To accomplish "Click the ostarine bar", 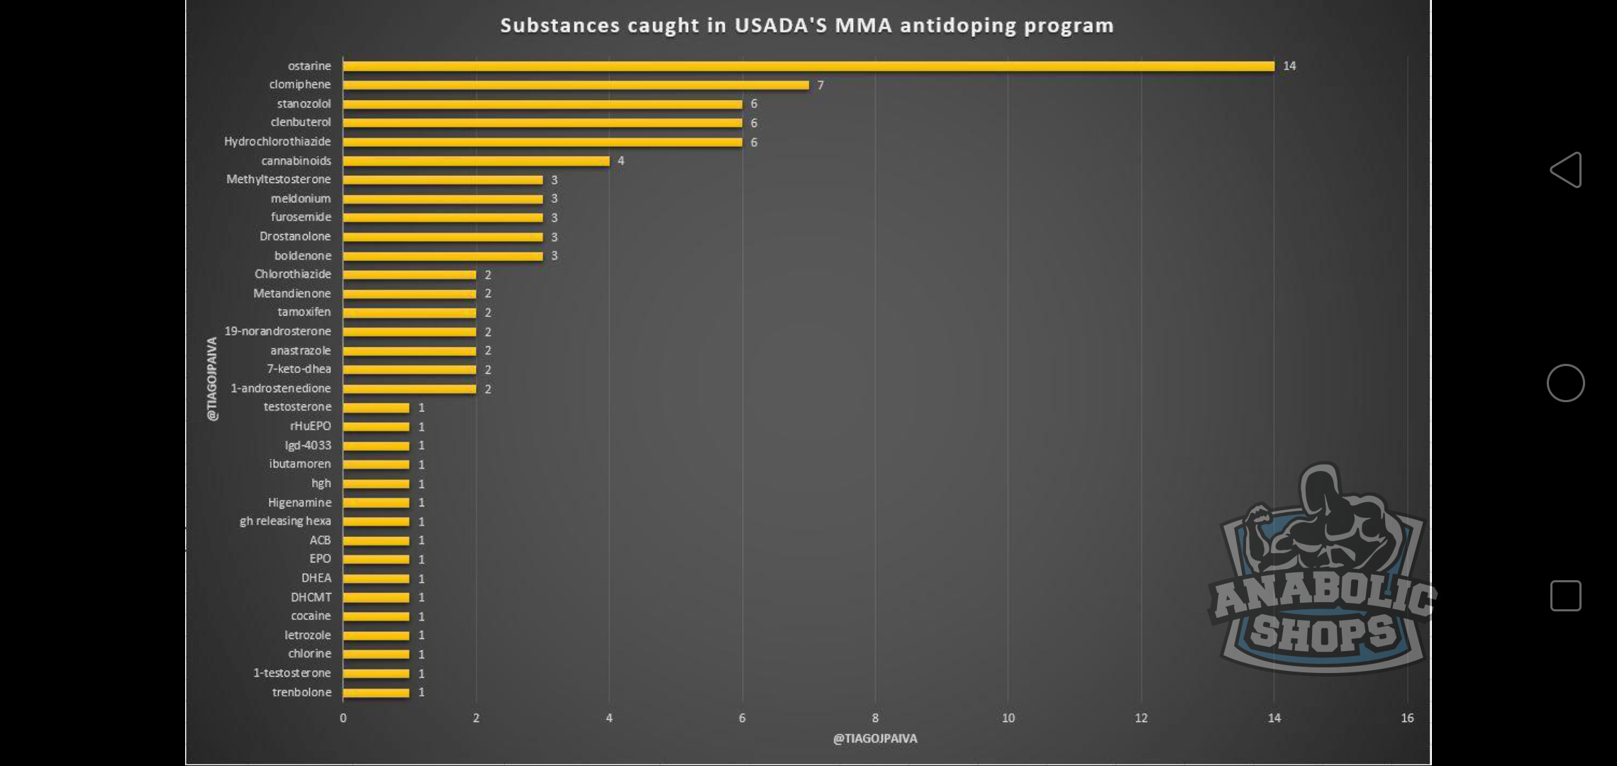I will click(808, 66).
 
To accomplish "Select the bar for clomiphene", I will click(575, 85).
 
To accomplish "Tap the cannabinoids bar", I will click(476, 161).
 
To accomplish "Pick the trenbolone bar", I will click(376, 692).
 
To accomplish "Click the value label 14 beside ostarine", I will click(1289, 66).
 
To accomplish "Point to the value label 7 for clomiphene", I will click(821, 85).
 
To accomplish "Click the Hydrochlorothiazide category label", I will click(277, 142).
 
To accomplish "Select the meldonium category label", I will click(301, 199).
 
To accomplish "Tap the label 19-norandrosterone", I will click(277, 331).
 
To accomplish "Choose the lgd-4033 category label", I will click(308, 445).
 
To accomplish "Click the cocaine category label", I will click(311, 616).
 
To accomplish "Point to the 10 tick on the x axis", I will click(1008, 718).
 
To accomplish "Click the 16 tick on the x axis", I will click(1407, 718).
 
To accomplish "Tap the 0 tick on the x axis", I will click(343, 718).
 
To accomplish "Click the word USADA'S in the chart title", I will click(781, 26).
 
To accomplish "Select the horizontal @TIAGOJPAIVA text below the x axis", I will click(874, 738).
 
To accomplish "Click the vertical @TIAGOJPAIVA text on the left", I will click(212, 379).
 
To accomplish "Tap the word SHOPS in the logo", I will click(1323, 633).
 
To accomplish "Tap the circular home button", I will click(1565, 383).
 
